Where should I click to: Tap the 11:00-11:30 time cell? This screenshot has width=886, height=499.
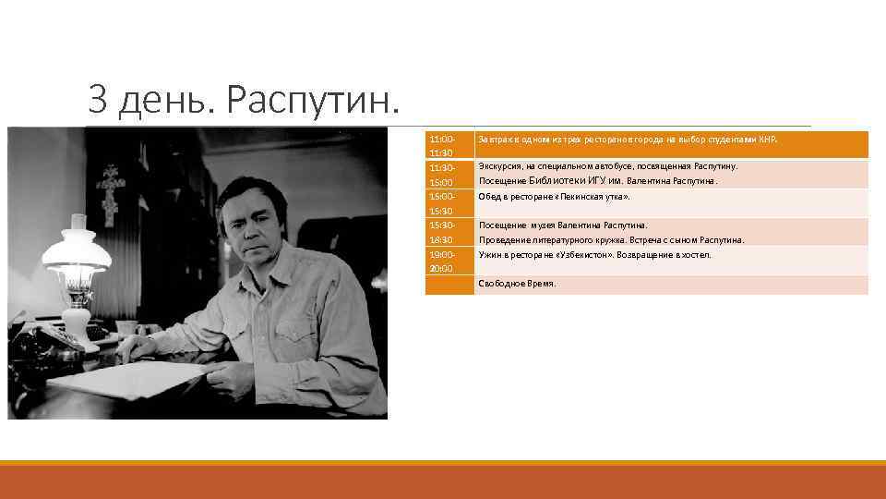coord(442,145)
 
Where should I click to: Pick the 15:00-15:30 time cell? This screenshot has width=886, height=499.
coord(442,203)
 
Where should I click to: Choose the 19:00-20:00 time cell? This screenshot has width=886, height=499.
coord(442,261)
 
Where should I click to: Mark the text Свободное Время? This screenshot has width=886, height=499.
coord(517,284)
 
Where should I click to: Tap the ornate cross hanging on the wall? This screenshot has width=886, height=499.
coord(112,190)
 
